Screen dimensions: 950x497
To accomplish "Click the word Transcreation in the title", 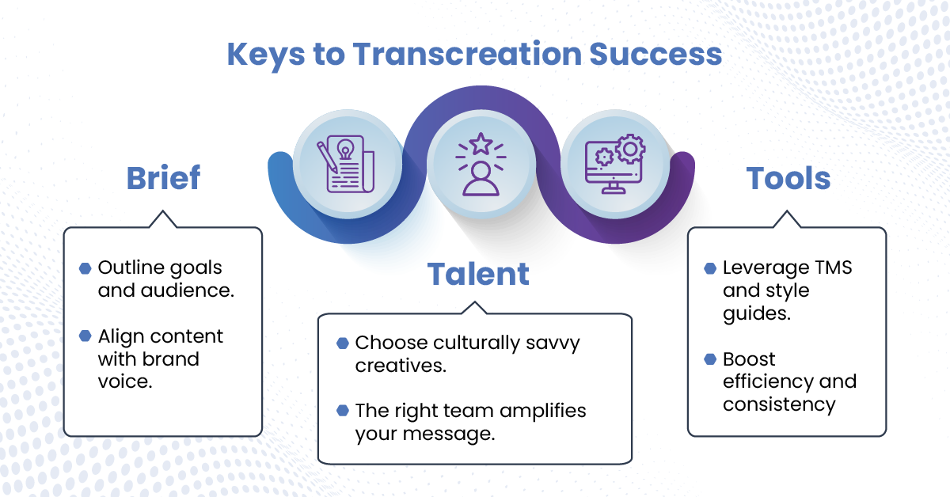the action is click(467, 54).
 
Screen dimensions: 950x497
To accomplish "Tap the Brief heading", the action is click(163, 178).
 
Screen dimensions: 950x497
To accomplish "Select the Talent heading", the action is click(478, 274).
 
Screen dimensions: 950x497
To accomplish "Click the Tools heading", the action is click(788, 178).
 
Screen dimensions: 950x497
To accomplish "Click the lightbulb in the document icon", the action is click(345, 150).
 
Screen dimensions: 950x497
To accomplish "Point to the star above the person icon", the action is click(481, 144).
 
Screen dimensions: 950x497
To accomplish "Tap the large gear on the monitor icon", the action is click(630, 149).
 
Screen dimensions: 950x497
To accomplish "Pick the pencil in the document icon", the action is click(327, 157).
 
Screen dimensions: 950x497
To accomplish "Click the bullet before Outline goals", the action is click(85, 268).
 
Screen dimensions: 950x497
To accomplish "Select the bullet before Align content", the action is click(85, 336).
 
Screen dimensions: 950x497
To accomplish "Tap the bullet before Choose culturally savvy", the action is click(343, 343).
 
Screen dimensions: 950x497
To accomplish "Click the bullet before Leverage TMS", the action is click(710, 268).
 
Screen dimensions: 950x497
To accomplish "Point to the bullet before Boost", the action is click(710, 359).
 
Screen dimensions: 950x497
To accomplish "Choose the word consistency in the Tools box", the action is click(779, 405).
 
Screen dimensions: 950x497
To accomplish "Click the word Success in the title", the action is click(655, 54).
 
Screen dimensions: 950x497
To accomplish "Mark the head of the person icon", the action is click(481, 170).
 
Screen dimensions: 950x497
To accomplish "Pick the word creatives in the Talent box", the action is click(401, 366).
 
